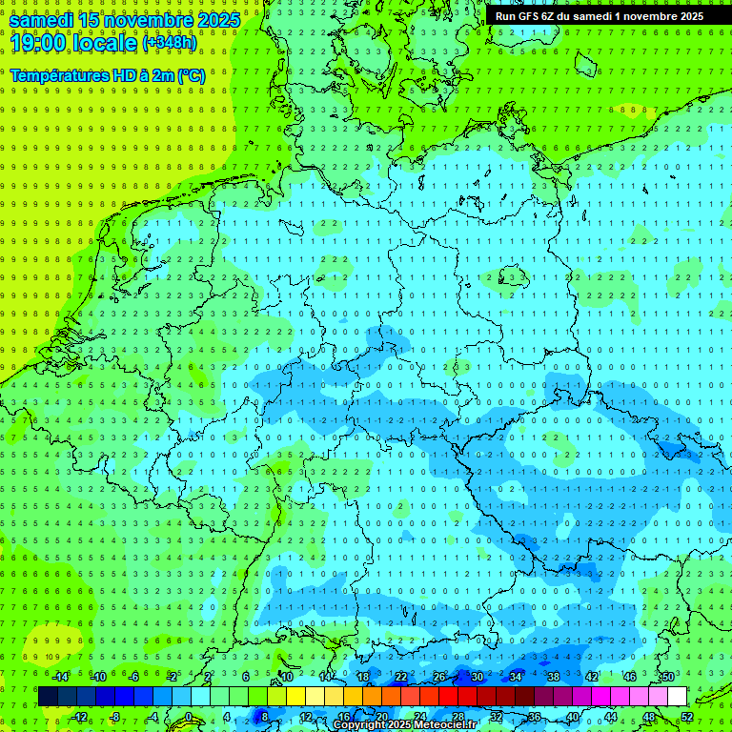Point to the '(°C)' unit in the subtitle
pyautogui.click(x=190, y=75)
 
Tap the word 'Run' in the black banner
pyautogui.click(x=505, y=16)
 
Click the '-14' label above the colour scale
pyautogui.click(x=61, y=677)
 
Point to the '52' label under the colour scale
pyautogui.click(x=687, y=717)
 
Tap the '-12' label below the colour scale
pyautogui.click(x=79, y=717)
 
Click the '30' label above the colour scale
pyautogui.click(x=477, y=677)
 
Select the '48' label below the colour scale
pyautogui.click(x=649, y=717)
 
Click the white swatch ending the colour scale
pyautogui.click(x=677, y=697)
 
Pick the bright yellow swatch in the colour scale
pyautogui.click(x=295, y=697)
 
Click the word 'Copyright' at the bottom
pyautogui.click(x=359, y=725)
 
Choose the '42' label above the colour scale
pyautogui.click(x=592, y=677)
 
